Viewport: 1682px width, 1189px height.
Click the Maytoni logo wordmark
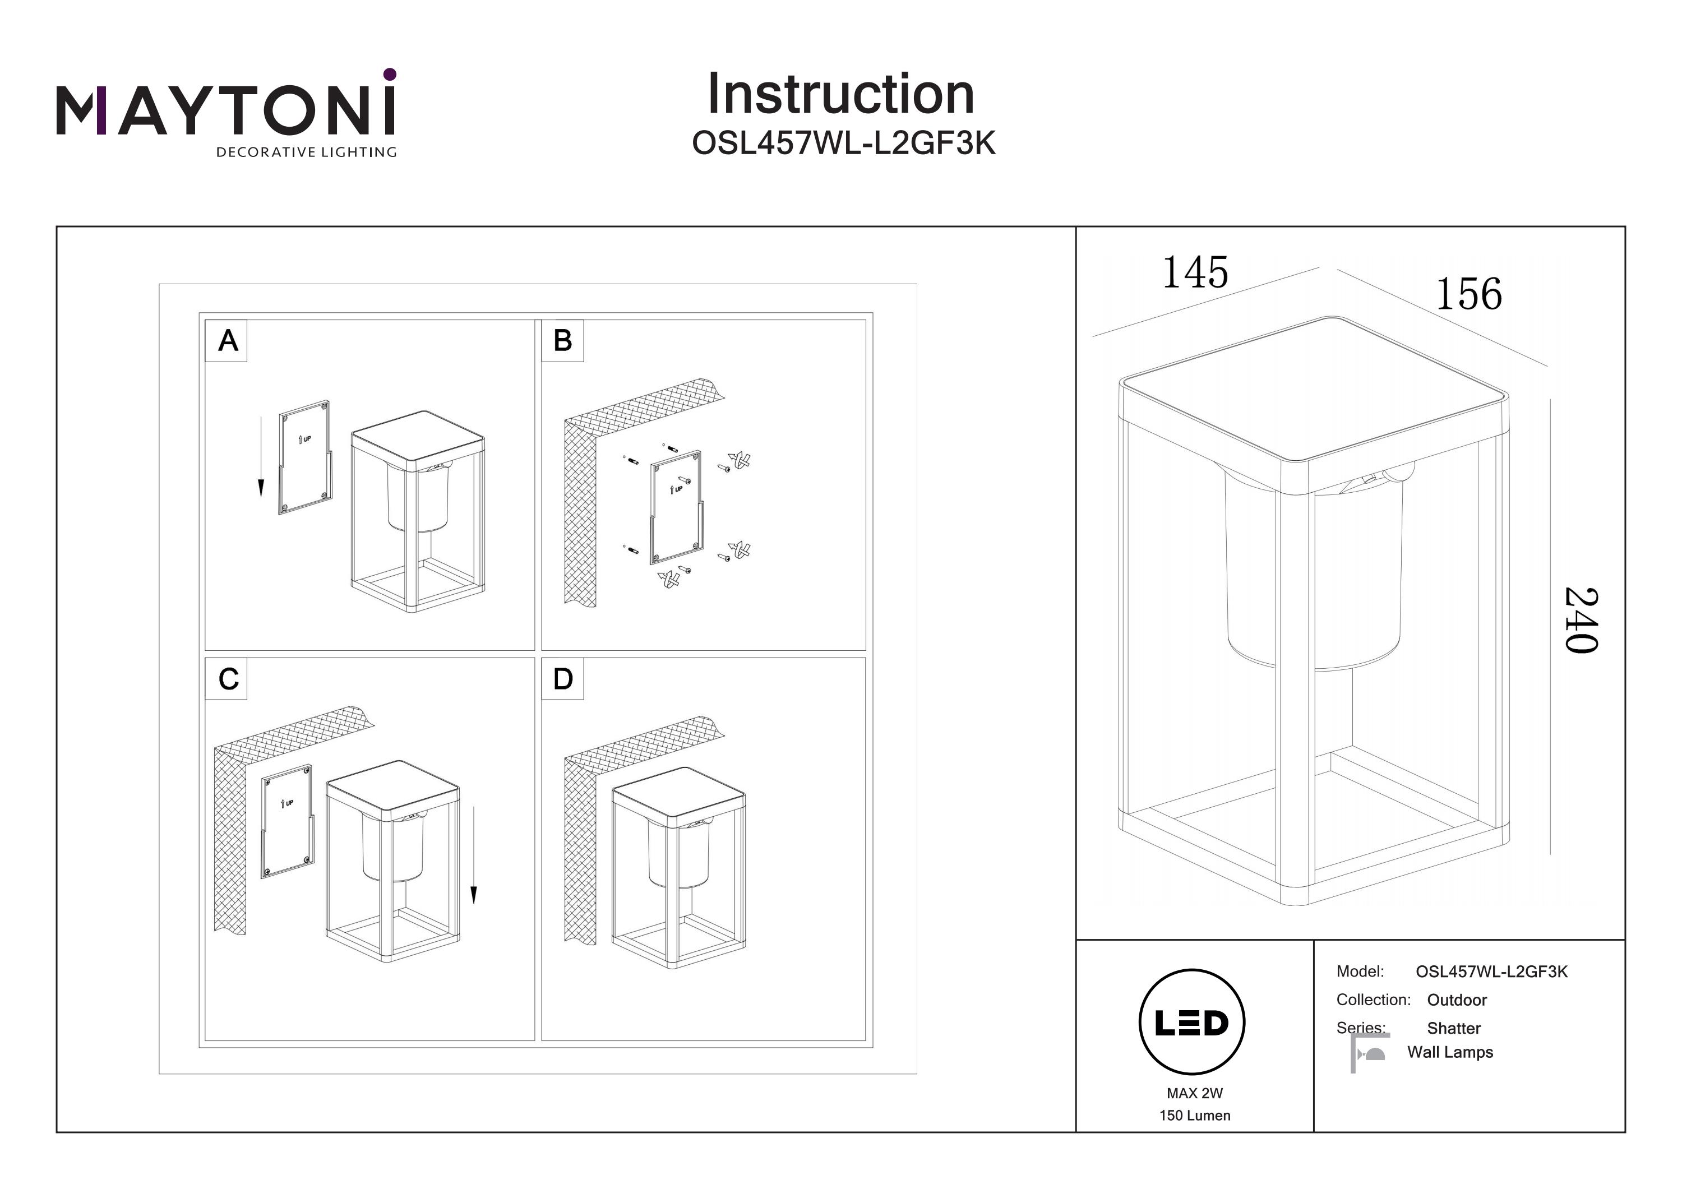coord(225,109)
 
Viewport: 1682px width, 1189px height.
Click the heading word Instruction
coord(840,95)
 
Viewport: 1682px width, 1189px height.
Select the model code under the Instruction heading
coord(843,144)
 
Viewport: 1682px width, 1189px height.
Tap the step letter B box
coord(562,341)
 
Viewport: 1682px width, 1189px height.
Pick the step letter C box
coord(228,679)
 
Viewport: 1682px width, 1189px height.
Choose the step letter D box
coord(562,679)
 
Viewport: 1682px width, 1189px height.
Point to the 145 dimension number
coord(1195,272)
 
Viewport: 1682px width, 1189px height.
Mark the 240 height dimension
coord(1581,620)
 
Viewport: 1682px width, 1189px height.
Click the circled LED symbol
coord(1191,1023)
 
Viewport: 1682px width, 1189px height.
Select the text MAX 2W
coord(1194,1093)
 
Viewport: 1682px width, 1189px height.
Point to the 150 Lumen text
coord(1194,1116)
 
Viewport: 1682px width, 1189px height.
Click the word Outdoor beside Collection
coord(1457,1000)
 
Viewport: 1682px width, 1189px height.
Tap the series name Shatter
coord(1453,1029)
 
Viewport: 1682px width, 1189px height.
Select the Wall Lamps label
coord(1450,1052)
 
